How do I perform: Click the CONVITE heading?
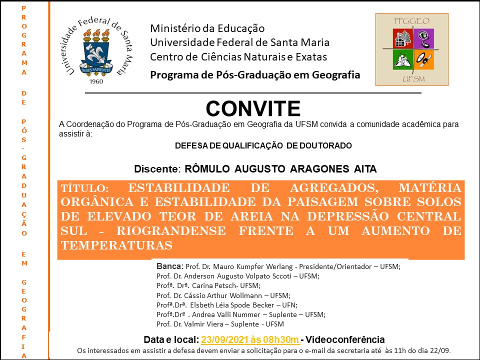click(253, 108)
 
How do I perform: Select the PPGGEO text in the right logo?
click(411, 21)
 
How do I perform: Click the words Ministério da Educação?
click(207, 28)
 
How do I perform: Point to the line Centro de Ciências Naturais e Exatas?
click(238, 56)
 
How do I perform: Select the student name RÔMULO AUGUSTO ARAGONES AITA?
click(280, 169)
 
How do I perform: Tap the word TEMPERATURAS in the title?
click(116, 245)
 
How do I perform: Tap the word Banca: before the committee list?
click(170, 266)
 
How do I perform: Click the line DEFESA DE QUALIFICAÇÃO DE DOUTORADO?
click(263, 146)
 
